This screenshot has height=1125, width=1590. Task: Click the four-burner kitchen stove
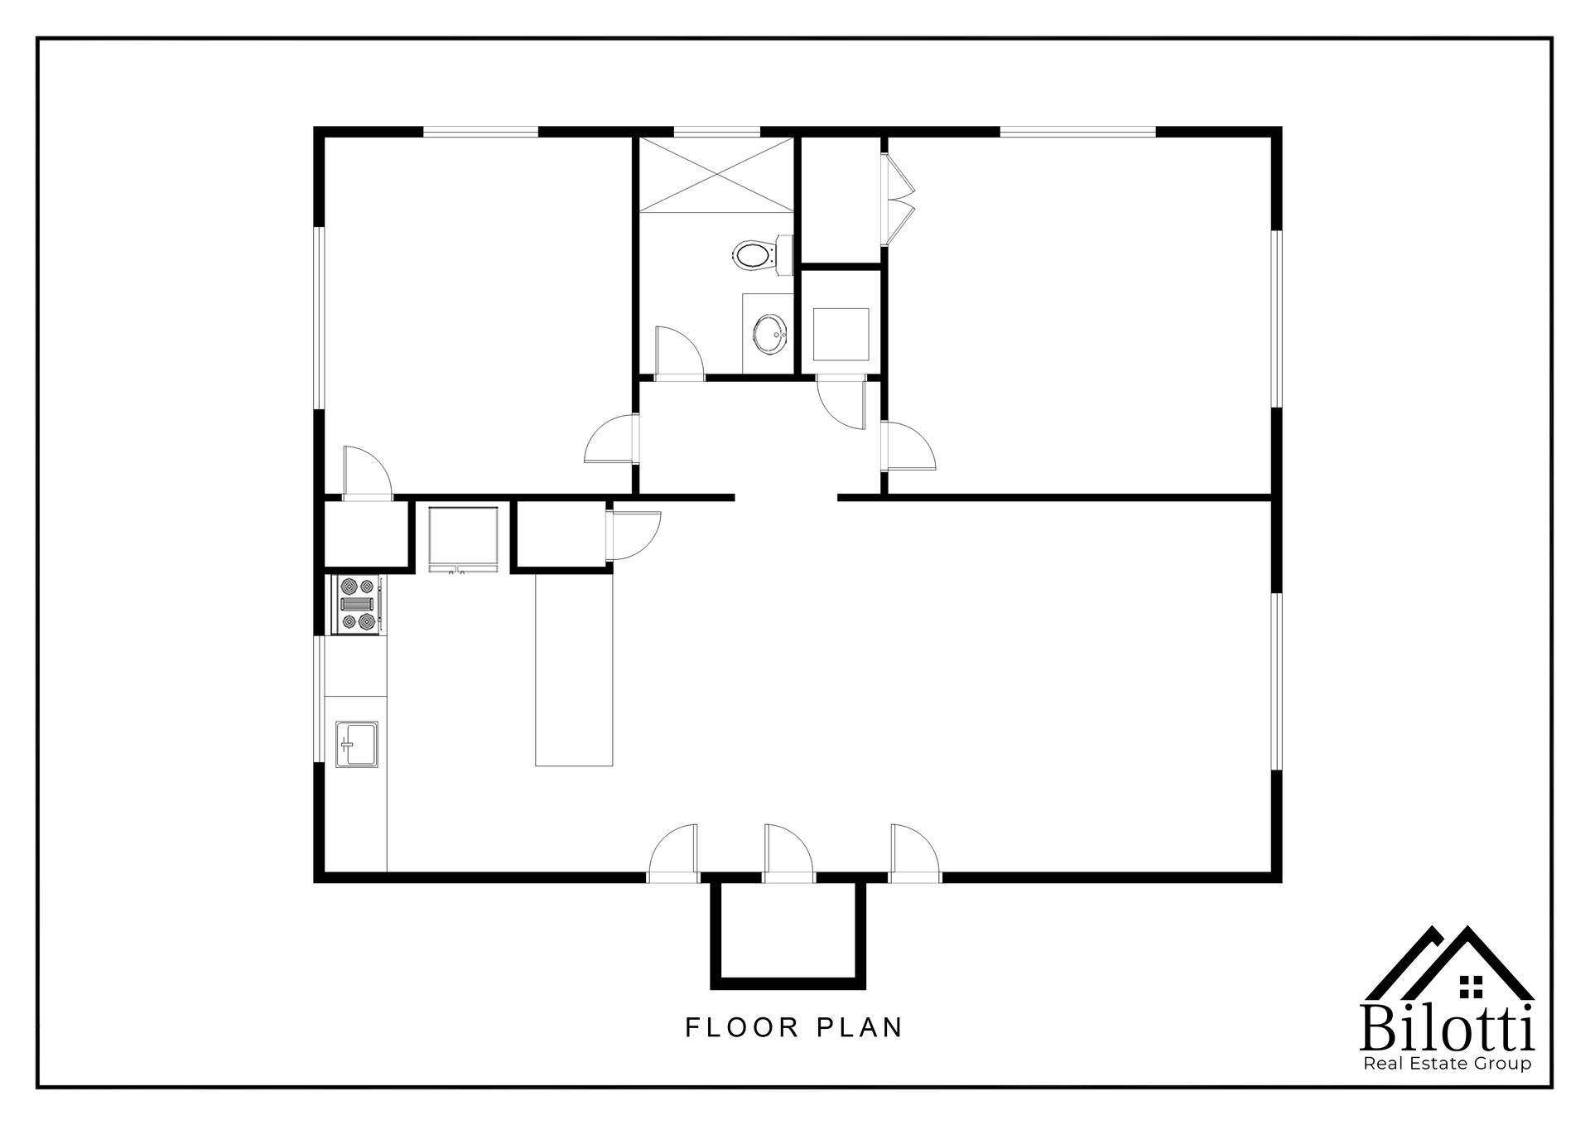tap(358, 604)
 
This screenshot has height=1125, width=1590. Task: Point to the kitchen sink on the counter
tap(356, 743)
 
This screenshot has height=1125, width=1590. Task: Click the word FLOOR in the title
tap(741, 1028)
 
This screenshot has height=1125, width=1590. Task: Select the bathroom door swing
tap(678, 353)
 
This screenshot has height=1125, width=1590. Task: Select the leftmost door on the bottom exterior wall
tap(672, 850)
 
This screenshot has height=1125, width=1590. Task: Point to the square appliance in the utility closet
tap(841, 334)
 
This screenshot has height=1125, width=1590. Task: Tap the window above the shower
tap(716, 131)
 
